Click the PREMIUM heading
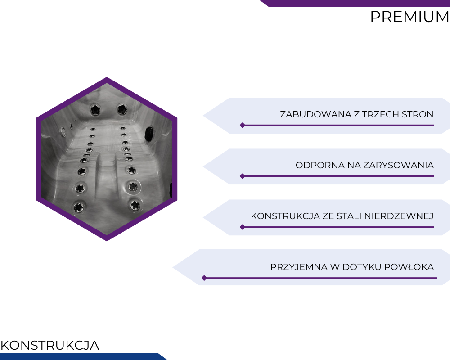pos(410,17)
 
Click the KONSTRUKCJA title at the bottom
pos(50,345)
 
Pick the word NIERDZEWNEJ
pos(399,216)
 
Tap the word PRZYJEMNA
pos(299,267)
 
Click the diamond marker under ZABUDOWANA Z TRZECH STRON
pos(243,125)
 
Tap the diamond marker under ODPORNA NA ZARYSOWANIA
pos(243,176)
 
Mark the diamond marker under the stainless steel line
pos(243,227)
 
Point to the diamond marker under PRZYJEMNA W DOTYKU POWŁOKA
pos(204,278)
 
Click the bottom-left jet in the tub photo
pos(79,207)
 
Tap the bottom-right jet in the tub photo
pos(135,205)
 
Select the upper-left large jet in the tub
pos(95,109)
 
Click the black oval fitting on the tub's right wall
pos(149,134)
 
